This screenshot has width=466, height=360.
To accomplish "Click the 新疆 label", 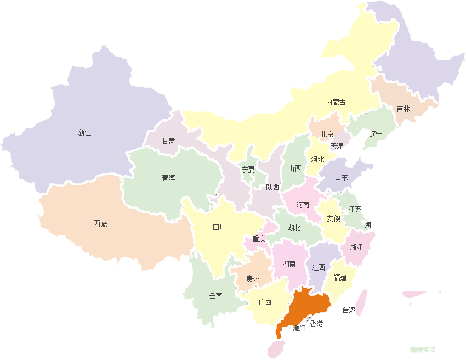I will (84, 132).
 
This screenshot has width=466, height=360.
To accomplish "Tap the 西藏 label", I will (100, 223).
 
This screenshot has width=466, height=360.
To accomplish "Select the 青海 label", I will (168, 178).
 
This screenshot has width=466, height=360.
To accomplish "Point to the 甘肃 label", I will (168, 141).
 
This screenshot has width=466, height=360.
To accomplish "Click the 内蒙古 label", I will (336, 102).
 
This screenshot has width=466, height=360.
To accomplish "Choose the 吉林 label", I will (403, 109).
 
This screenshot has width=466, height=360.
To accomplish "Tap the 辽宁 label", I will (376, 134).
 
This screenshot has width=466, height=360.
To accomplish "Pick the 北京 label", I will (327, 134).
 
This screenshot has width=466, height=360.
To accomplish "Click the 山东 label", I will (341, 177).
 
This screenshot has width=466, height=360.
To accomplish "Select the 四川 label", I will (219, 227).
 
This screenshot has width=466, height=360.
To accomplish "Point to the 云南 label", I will (215, 296).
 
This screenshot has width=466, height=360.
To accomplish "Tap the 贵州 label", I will (253, 279).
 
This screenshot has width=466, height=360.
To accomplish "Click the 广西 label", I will (265, 302).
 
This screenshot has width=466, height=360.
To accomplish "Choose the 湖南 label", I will (289, 264).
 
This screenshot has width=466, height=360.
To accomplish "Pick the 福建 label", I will (340, 278).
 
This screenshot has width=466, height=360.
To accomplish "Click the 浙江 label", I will (356, 247).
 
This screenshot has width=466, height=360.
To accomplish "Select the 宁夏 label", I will (248, 170).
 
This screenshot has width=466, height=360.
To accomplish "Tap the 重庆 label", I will (259, 239).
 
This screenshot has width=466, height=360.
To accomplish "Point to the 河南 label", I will (303, 205).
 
